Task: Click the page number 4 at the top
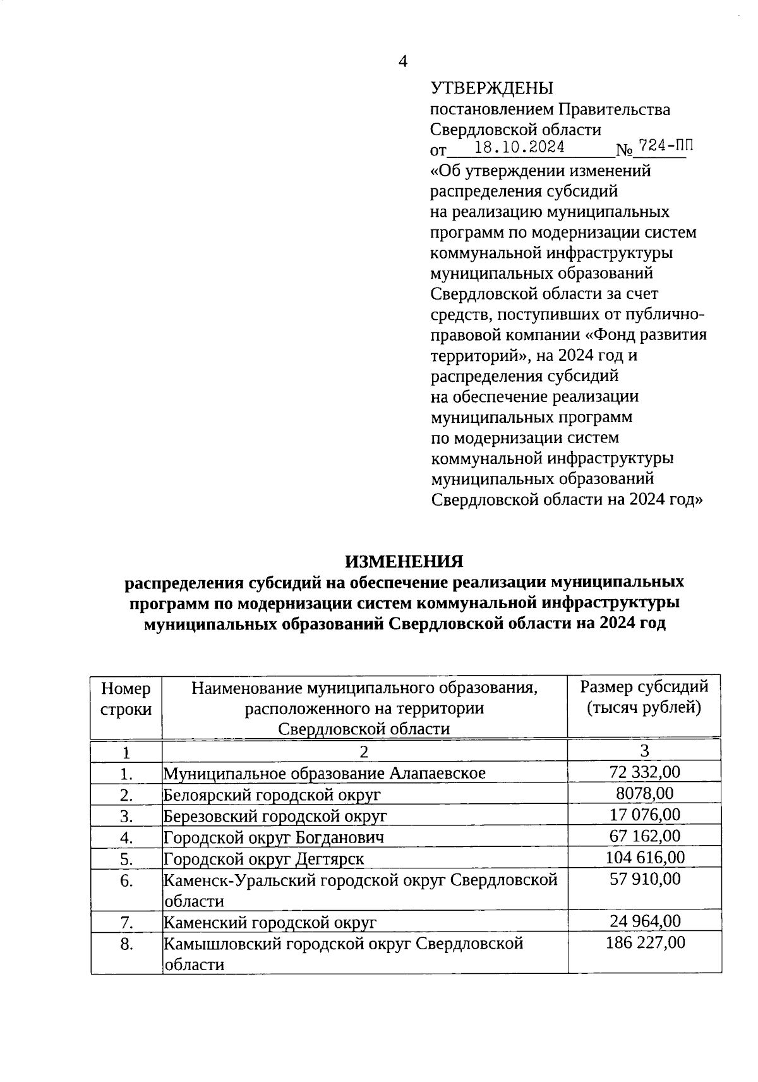(x=402, y=61)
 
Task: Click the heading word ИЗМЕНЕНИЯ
(x=404, y=561)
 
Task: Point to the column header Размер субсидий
(x=644, y=686)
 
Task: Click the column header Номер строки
(x=126, y=698)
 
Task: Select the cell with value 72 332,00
(x=644, y=772)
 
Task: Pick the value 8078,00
(x=644, y=793)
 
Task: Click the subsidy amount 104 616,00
(x=644, y=858)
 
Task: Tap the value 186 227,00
(x=644, y=943)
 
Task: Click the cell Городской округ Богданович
(x=274, y=837)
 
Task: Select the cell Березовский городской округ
(x=275, y=816)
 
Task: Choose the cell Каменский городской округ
(x=270, y=923)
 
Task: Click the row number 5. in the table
(x=126, y=859)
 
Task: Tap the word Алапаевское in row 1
(x=437, y=773)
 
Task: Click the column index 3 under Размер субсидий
(x=644, y=751)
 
